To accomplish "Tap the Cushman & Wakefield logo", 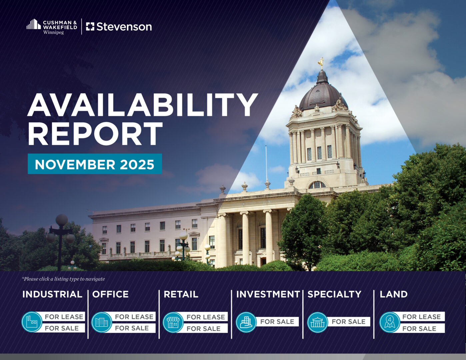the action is tap(52, 27).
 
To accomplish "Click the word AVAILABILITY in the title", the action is tap(142, 105).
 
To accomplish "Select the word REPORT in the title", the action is tap(95, 134).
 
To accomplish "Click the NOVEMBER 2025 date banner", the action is tap(95, 164).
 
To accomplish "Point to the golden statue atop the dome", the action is tap(321, 63).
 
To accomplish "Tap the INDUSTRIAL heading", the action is tap(52, 294).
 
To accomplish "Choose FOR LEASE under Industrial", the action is tap(64, 316).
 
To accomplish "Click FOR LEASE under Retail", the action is tap(206, 317).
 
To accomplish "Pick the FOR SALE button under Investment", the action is tap(277, 322).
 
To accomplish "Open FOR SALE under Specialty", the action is tap(348, 322).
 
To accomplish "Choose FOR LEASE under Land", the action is tap(421, 316).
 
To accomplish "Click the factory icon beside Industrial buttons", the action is tap(32, 322).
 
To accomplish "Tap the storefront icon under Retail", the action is tap(173, 322).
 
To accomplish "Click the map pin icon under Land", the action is tap(390, 322).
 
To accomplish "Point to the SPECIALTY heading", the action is tap(334, 294).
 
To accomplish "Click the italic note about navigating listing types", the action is tap(63, 279).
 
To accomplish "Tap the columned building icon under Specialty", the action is tap(318, 322).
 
